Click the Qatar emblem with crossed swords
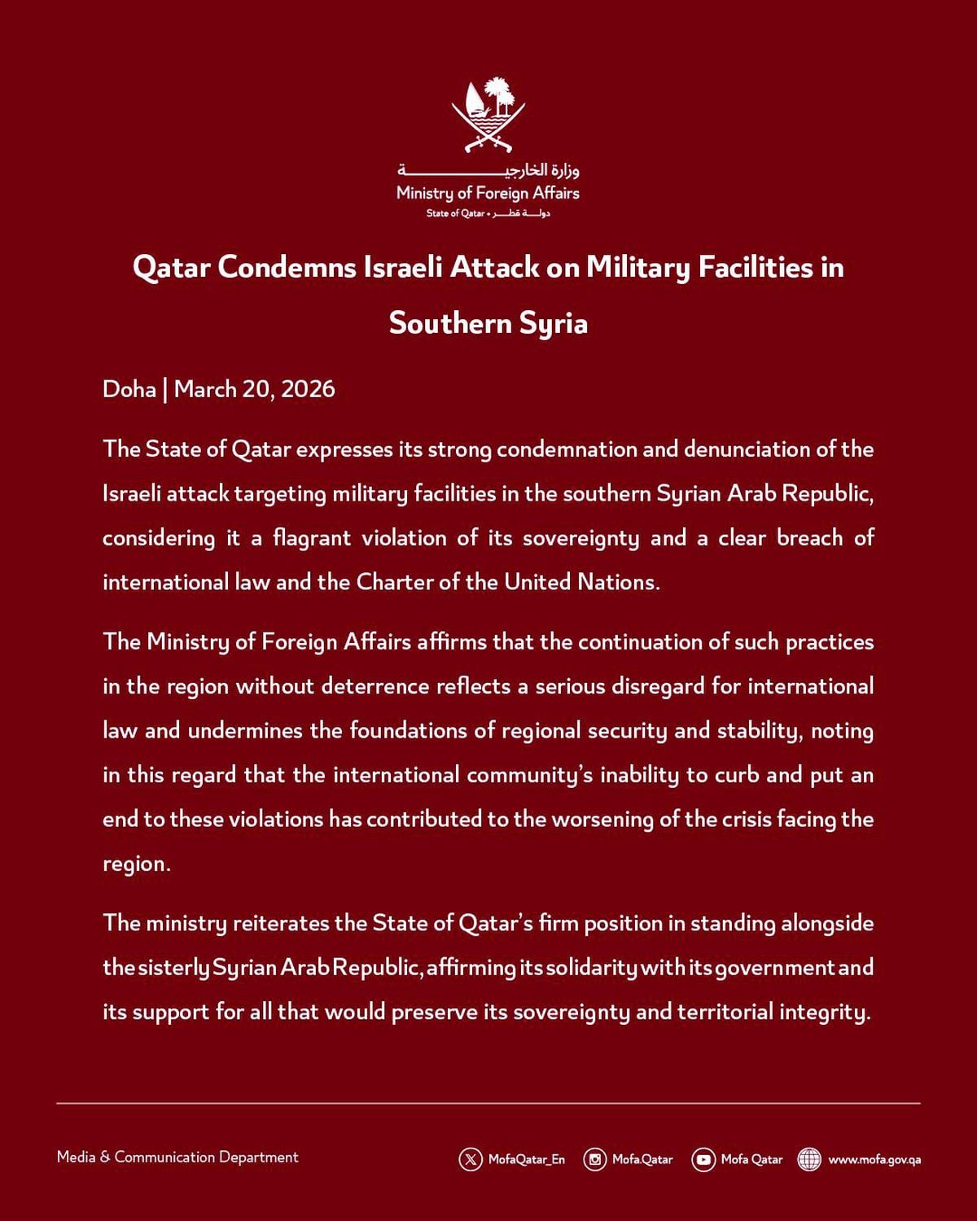488,115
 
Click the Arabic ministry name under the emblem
488,170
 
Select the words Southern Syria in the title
488,323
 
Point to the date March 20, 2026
254,389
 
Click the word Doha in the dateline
129,389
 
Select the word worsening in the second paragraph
602,819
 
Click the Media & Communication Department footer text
177,1157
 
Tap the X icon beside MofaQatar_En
471,1159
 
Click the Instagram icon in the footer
595,1159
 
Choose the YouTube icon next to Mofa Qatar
703,1159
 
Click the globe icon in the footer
809,1159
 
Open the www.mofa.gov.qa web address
874,1159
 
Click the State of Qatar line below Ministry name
488,213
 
